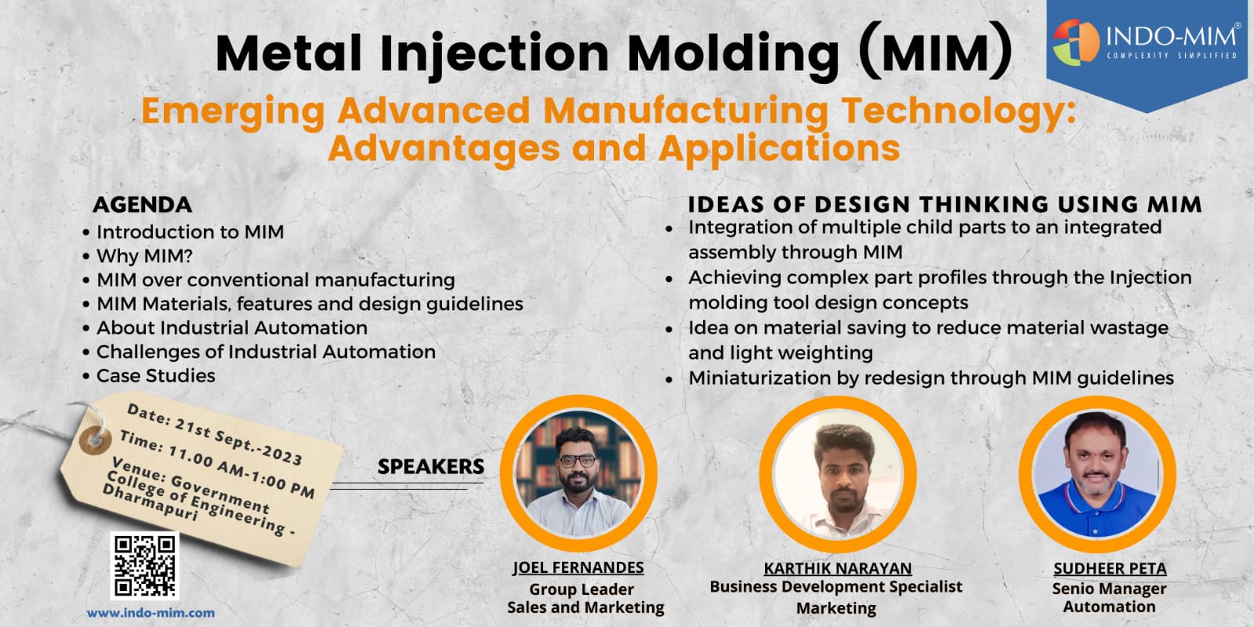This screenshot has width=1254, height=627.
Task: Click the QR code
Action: tap(144, 565)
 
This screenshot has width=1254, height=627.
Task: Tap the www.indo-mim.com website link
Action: tap(150, 612)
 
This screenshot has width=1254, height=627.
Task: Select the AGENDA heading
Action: tap(142, 205)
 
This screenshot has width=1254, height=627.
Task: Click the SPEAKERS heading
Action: tap(430, 466)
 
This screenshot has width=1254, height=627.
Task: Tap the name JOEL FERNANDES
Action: tap(578, 567)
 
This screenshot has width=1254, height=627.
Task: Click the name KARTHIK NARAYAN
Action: tap(838, 568)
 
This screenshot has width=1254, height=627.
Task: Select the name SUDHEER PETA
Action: tap(1110, 568)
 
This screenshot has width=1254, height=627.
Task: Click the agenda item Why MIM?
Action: tap(144, 256)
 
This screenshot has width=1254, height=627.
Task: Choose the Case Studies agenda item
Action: tap(156, 375)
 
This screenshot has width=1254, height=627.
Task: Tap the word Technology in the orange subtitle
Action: tap(959, 112)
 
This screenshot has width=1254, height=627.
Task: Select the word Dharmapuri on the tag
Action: tap(150, 502)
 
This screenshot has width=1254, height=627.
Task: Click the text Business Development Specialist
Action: tap(835, 587)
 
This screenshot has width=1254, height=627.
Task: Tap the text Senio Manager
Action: tap(1109, 589)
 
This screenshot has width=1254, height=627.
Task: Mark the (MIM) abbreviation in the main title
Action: tap(936, 52)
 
